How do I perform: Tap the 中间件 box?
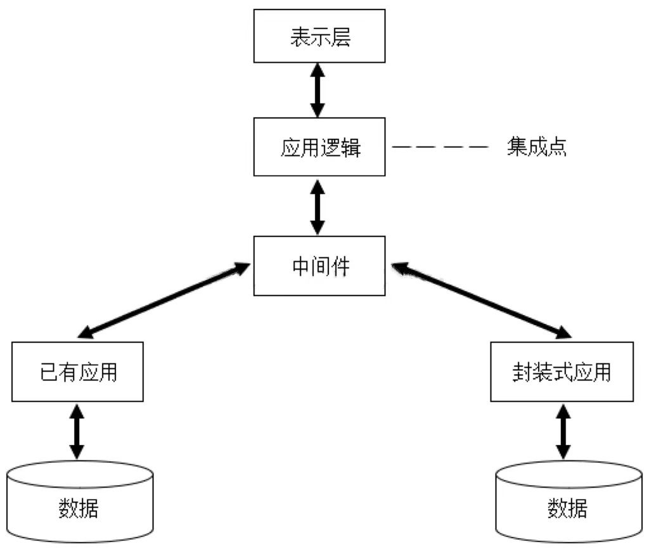click(x=319, y=266)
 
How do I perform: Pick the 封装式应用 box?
click(x=562, y=371)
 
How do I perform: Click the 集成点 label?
click(x=536, y=147)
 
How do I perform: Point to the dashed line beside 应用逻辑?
click(x=440, y=147)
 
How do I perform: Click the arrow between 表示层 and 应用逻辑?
click(x=318, y=90)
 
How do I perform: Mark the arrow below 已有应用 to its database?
click(x=77, y=432)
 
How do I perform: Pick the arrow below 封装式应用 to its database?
click(x=562, y=432)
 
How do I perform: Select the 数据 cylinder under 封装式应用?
click(x=568, y=504)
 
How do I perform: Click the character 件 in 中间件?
click(x=340, y=266)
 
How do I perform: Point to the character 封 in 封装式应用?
click(x=521, y=372)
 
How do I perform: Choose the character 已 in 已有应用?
click(x=49, y=372)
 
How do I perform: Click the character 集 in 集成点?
click(x=516, y=147)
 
